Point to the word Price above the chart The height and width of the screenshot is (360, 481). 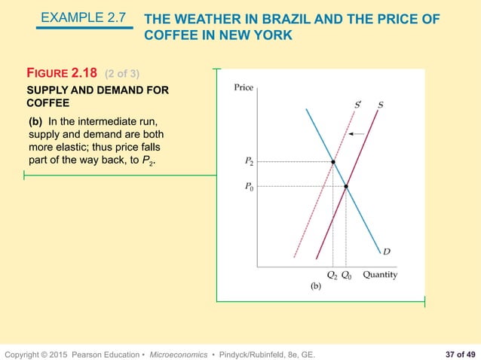coord(244,87)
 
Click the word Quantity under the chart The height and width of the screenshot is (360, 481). coord(380,274)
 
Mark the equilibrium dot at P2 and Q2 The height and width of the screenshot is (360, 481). coord(332,162)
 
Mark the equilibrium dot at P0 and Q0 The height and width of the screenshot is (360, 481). coord(346,186)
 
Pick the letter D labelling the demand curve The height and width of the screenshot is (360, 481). coord(386,252)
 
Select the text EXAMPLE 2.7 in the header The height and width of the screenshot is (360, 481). coord(83,15)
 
